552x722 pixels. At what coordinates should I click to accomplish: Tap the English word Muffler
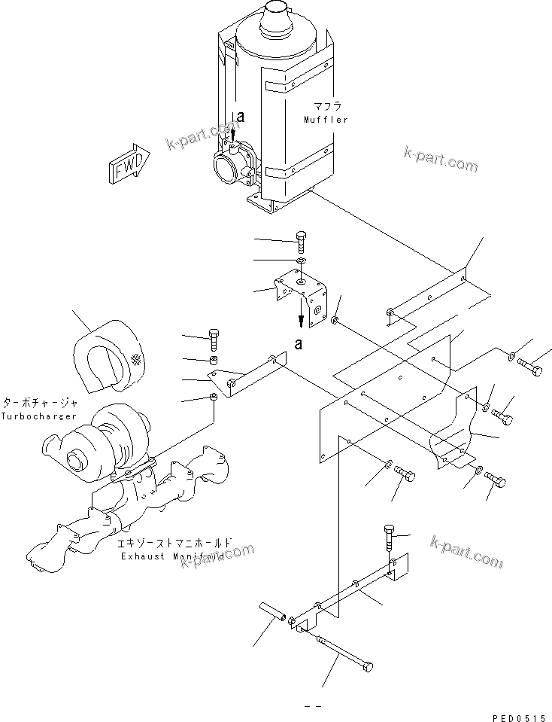point(326,120)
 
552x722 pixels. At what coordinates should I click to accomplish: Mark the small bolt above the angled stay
point(213,340)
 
